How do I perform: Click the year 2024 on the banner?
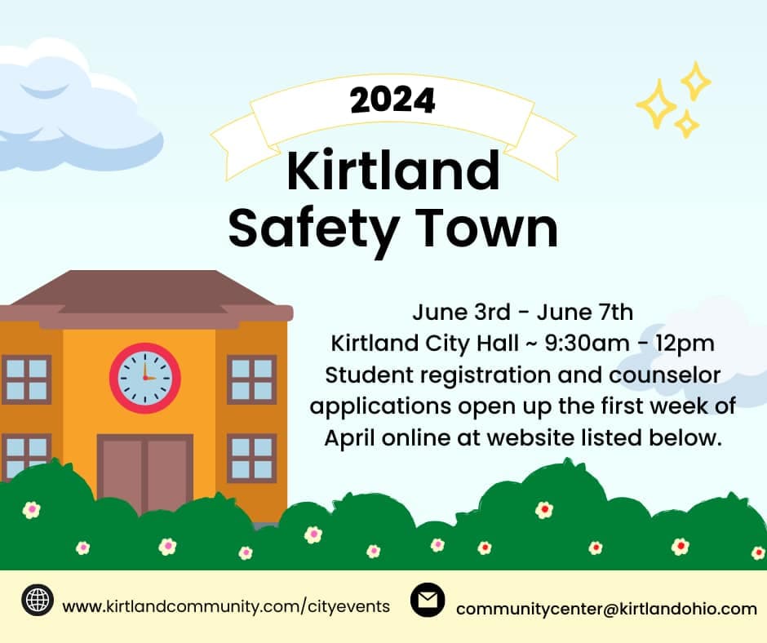click(392, 100)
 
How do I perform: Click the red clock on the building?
click(145, 377)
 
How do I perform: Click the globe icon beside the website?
click(38, 601)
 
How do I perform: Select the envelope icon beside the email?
click(428, 601)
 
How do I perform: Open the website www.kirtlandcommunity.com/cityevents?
click(226, 606)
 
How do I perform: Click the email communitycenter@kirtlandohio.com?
click(606, 609)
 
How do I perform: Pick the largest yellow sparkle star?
click(656, 104)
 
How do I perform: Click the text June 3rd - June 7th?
click(522, 313)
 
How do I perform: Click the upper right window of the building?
click(251, 379)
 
